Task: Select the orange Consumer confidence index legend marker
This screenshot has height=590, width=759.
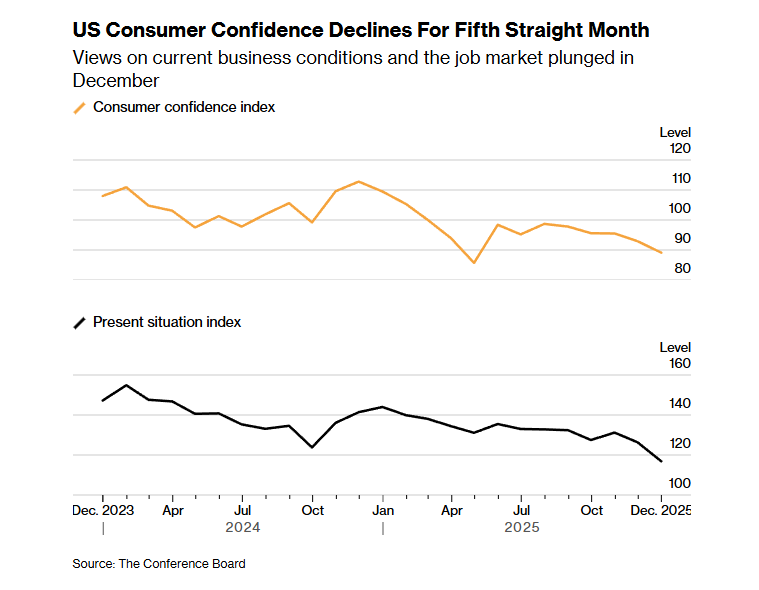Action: point(80,108)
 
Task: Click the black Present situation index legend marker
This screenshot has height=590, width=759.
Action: point(80,323)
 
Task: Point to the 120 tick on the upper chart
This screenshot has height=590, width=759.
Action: point(680,149)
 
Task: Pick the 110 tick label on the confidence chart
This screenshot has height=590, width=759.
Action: point(680,179)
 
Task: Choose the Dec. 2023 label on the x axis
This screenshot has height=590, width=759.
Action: point(103,510)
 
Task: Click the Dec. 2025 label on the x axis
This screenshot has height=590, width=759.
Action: point(661,510)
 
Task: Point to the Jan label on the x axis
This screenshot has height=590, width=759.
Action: point(382,510)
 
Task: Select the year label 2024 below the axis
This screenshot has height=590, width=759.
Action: point(243,527)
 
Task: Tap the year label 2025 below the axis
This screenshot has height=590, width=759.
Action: point(521,527)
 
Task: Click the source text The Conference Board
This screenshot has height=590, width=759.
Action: point(182,564)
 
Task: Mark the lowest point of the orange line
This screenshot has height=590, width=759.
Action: point(474,262)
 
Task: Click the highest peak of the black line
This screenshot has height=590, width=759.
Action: point(126,385)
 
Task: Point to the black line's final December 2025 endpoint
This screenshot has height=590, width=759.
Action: point(661,461)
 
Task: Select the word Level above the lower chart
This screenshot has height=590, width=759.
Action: point(675,347)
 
